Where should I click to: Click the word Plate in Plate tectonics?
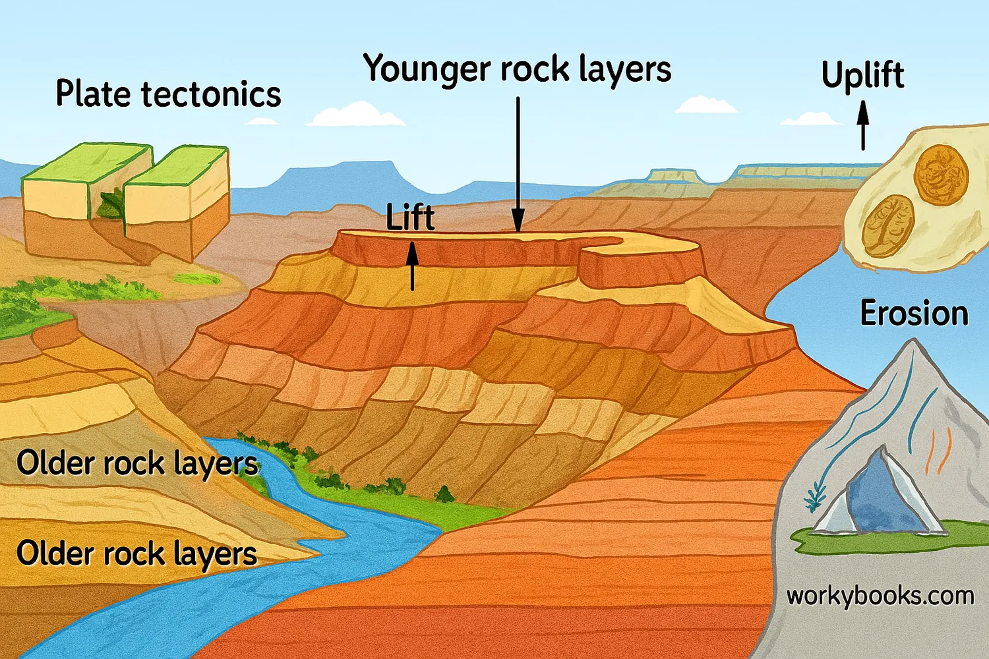tap(92, 94)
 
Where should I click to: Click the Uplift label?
tap(862, 75)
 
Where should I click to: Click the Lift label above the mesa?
tap(410, 217)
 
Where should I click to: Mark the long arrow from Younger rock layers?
tap(518, 165)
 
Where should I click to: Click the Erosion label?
tap(914, 313)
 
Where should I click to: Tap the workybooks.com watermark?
tap(880, 596)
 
